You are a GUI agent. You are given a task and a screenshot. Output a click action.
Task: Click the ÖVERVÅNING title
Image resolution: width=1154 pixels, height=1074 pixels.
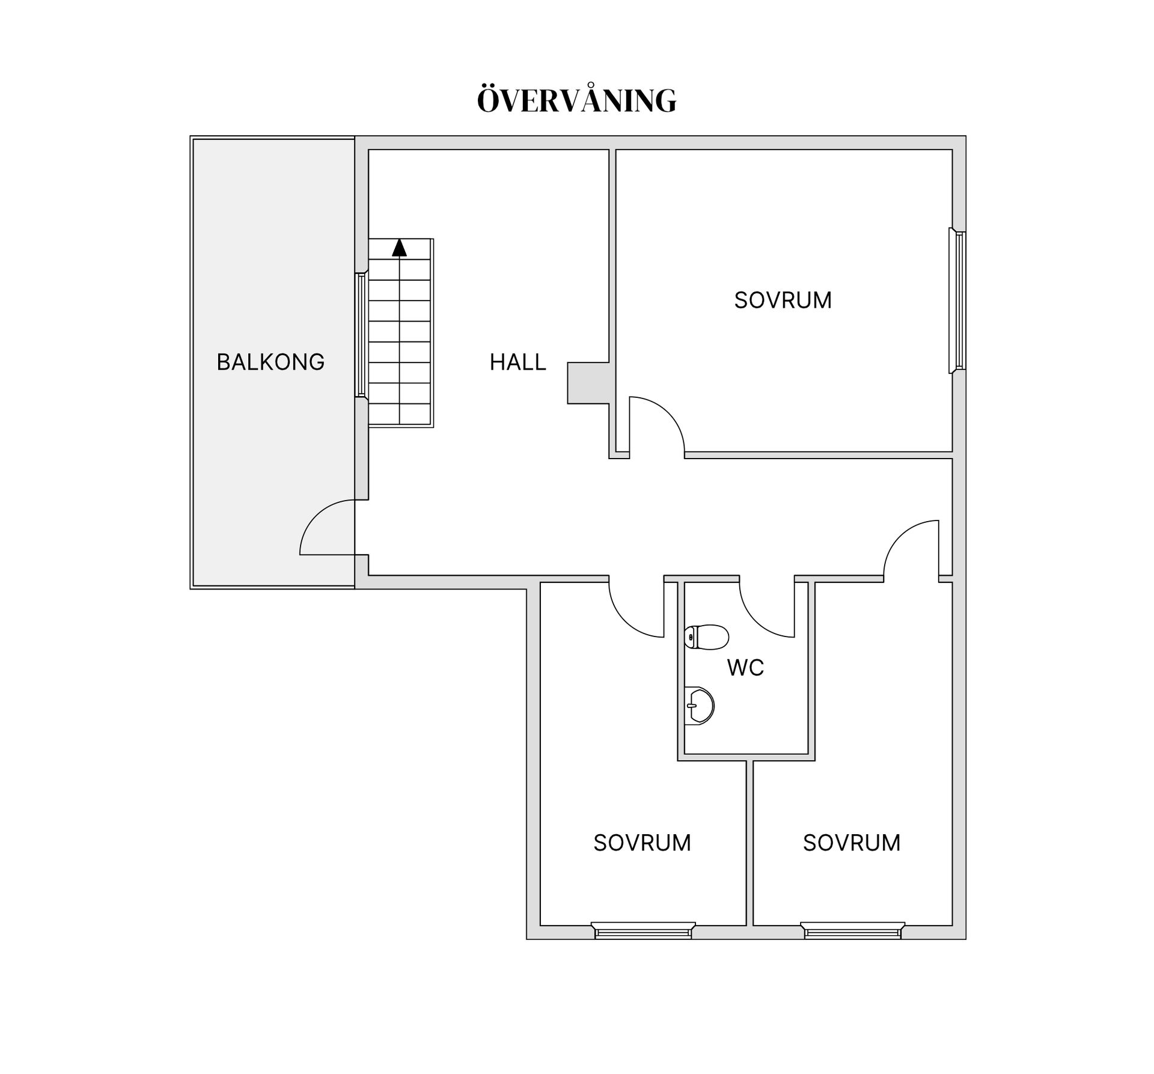[x=576, y=100]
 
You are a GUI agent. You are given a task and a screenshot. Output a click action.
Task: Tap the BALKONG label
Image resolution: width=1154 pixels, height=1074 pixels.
[x=270, y=362]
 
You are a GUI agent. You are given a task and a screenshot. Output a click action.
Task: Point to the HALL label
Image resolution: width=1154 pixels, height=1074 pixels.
[x=517, y=362]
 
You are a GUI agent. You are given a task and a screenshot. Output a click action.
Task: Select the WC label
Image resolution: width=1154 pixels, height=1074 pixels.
[x=745, y=668]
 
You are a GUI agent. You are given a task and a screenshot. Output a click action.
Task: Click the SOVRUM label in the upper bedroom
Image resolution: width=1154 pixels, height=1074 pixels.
[x=783, y=300]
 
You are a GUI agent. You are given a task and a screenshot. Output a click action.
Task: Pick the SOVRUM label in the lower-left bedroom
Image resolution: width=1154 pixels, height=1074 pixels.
[x=642, y=843]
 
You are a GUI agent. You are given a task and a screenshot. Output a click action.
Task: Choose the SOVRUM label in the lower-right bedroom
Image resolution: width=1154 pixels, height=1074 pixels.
[x=852, y=843]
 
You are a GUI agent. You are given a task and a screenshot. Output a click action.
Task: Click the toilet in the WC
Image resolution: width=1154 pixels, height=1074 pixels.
[x=706, y=637]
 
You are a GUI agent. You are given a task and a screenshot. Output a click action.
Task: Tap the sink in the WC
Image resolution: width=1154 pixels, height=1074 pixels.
[x=699, y=706]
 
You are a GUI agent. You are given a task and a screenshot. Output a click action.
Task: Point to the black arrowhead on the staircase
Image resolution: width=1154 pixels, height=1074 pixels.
[x=399, y=248]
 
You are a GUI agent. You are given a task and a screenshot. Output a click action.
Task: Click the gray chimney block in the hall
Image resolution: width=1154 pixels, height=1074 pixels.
[x=588, y=383]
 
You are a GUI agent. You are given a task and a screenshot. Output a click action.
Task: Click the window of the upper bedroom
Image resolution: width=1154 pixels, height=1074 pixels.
[x=958, y=301]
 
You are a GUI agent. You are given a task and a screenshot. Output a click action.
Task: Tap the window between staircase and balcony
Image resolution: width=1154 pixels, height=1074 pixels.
[x=361, y=335]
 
